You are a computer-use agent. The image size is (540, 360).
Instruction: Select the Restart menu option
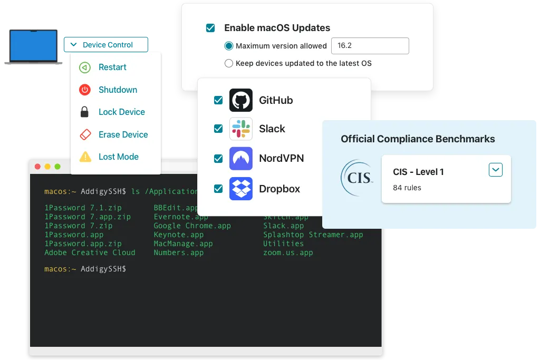point(112,67)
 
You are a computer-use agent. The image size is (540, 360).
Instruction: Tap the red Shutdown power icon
point(85,90)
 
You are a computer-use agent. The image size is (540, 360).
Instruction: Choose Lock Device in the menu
point(121,112)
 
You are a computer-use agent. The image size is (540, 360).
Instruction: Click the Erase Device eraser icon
point(85,134)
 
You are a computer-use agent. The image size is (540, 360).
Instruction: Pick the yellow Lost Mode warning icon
point(85,157)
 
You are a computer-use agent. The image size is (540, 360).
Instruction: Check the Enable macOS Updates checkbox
point(210,28)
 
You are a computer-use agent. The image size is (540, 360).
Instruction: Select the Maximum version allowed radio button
point(229,46)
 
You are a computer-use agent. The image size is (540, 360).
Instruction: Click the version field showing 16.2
point(370,46)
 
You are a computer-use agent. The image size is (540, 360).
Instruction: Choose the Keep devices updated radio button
point(229,63)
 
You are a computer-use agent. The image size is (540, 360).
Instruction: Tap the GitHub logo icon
point(241,100)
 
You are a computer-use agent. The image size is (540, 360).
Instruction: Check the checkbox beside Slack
point(218,129)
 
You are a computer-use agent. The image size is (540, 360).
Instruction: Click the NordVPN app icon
point(241,159)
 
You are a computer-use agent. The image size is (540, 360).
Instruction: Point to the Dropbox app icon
point(241,189)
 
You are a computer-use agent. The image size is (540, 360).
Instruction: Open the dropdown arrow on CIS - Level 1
point(495,170)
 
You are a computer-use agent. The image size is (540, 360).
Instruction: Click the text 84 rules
point(407,188)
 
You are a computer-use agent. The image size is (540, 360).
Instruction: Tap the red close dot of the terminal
point(37,167)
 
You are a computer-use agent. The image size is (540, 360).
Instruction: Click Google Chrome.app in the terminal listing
point(192,226)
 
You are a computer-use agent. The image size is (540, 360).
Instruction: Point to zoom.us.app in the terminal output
point(288,252)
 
